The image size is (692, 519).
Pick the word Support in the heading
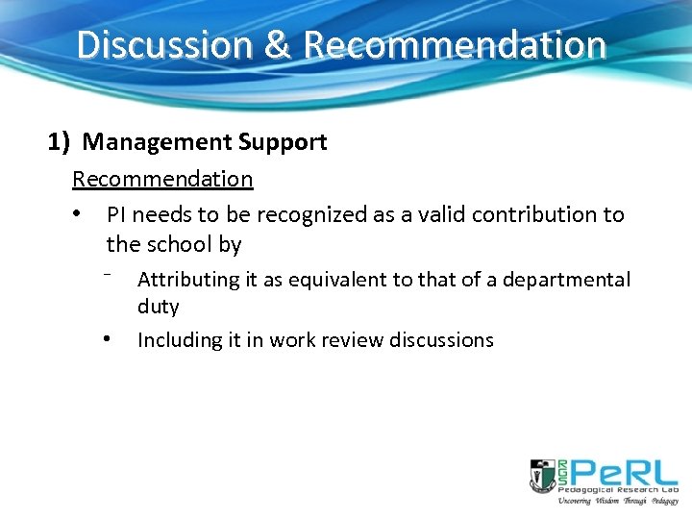284,143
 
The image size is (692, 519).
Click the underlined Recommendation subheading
162,179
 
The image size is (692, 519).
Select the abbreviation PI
116,214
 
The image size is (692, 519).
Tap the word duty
159,307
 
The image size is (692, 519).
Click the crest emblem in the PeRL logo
543,476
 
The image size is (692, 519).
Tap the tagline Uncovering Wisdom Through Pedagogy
618,501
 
